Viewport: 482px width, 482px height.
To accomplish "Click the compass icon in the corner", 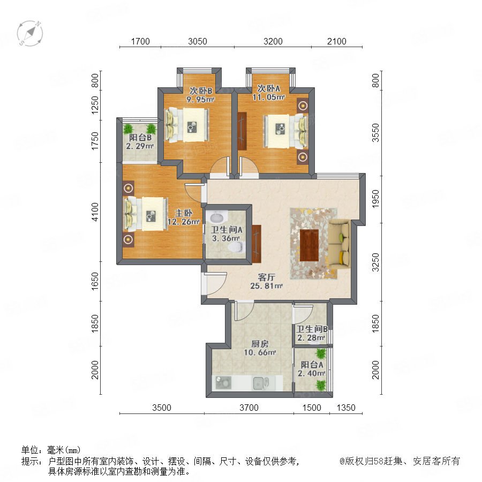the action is tap(30, 33).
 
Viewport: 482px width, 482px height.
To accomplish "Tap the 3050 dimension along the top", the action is tap(197, 41).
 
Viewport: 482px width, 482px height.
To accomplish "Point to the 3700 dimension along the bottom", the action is tap(249, 408).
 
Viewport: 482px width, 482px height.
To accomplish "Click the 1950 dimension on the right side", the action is tap(375, 199).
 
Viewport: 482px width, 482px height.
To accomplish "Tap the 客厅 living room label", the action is tap(266, 277).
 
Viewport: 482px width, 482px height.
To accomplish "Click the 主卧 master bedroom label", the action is tap(184, 213).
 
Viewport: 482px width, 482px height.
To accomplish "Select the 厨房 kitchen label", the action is tap(260, 344).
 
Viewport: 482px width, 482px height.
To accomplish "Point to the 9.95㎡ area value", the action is tap(200, 99).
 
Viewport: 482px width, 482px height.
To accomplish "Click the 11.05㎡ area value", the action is tap(269, 97).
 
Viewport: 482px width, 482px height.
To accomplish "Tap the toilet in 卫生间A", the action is tap(237, 246).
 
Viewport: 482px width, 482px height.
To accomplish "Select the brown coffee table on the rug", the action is tap(309, 245).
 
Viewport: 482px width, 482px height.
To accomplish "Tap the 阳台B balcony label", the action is tap(140, 138).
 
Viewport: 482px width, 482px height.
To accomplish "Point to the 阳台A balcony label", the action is tap(312, 365).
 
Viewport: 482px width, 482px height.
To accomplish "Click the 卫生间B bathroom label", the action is tap(312, 329).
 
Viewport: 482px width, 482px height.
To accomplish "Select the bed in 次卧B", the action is tap(187, 125).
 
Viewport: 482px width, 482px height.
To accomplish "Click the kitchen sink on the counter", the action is tap(261, 383).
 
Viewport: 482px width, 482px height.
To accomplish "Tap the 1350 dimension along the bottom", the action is tap(346, 408).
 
